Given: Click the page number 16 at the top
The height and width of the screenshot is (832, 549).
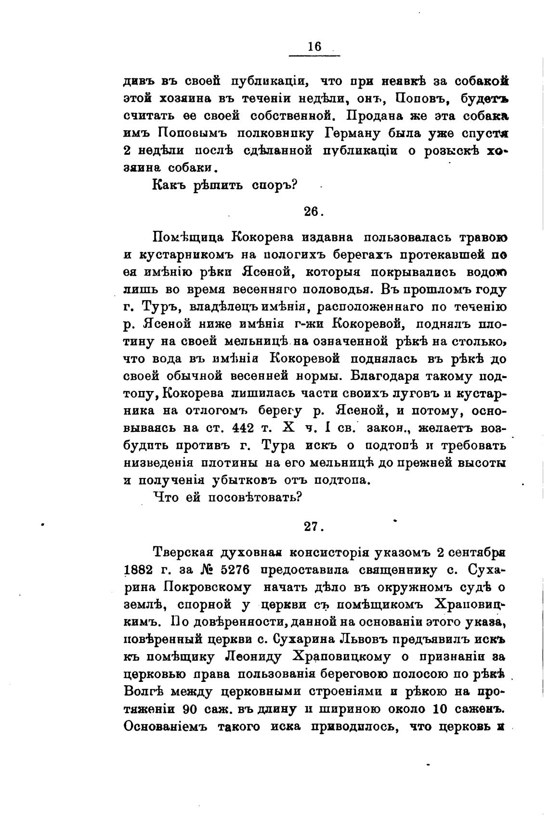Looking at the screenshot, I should coord(314,47).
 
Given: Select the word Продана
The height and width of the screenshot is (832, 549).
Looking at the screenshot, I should coord(379,116).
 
